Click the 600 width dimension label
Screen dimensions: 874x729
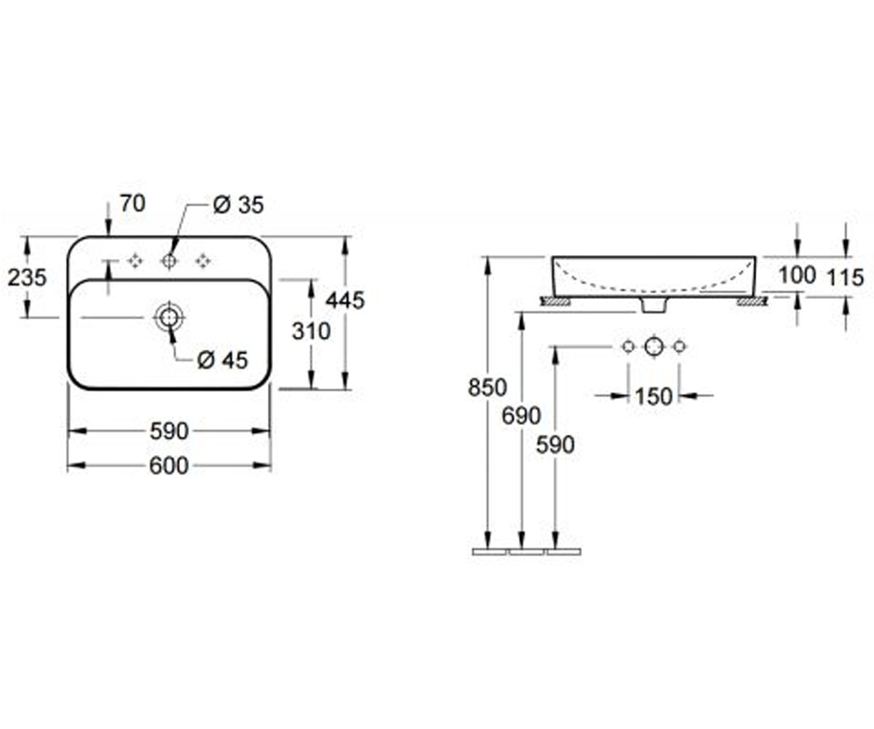tap(169, 466)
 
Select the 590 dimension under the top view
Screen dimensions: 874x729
tap(169, 432)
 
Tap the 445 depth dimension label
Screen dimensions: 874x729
tap(345, 300)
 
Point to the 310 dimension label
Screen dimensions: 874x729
tap(312, 332)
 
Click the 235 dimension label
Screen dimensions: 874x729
tap(27, 278)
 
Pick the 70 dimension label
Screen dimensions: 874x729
tap(133, 203)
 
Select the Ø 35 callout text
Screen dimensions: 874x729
tap(239, 206)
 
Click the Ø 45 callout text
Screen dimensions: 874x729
tap(223, 360)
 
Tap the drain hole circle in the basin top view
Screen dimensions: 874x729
tap(170, 317)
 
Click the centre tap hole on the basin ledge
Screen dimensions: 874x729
tap(169, 261)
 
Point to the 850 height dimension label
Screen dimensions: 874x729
tap(488, 388)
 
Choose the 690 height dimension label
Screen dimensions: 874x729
tap(521, 416)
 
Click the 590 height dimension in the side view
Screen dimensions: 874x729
tap(556, 445)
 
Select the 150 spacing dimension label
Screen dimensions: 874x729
tap(654, 397)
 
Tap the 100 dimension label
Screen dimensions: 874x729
tap(798, 276)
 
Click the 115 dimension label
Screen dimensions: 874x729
tap(846, 278)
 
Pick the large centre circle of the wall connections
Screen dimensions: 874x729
tap(654, 346)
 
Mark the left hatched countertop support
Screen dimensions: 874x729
tap(555, 301)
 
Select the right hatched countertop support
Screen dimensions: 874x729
tap(752, 301)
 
